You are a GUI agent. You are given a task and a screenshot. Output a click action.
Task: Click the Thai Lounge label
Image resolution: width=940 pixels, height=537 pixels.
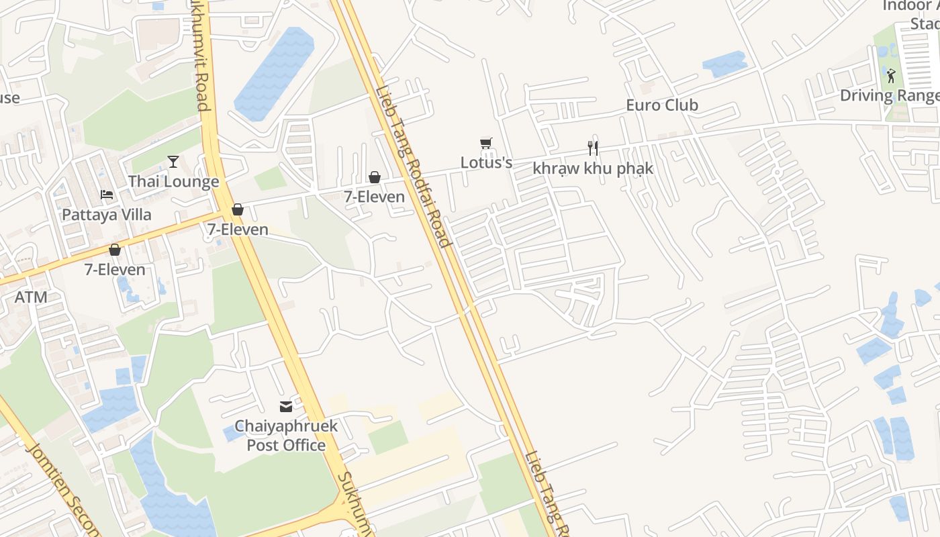pyautogui.click(x=173, y=181)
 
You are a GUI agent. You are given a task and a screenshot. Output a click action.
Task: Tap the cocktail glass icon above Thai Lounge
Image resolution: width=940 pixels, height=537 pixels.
pyautogui.click(x=173, y=161)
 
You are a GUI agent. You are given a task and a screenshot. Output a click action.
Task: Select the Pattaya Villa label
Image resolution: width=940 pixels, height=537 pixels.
pyautogui.click(x=107, y=215)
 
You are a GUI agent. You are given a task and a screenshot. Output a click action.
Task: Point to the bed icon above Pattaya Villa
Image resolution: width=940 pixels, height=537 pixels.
pyautogui.click(x=107, y=195)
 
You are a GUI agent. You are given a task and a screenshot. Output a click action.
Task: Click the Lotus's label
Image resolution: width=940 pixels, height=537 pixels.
pyautogui.click(x=486, y=162)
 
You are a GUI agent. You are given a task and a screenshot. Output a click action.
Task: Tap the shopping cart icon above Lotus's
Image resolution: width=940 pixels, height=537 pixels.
pyautogui.click(x=486, y=143)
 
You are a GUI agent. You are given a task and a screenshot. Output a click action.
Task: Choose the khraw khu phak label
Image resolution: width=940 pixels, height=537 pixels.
pyautogui.click(x=593, y=168)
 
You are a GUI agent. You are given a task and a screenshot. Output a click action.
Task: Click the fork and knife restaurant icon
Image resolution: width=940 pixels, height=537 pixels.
pyautogui.click(x=593, y=148)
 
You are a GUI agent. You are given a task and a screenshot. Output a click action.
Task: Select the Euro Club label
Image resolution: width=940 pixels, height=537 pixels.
pyautogui.click(x=662, y=105)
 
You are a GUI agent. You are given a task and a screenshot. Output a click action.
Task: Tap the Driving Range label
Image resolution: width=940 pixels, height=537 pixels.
pyautogui.click(x=890, y=95)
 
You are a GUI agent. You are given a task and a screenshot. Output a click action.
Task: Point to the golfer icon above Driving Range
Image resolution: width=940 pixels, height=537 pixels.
pyautogui.click(x=891, y=75)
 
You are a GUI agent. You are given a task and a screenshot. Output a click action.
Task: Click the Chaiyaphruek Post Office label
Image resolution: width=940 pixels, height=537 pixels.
pyautogui.click(x=286, y=436)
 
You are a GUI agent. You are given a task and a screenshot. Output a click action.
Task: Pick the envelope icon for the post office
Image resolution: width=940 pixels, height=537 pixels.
pyautogui.click(x=286, y=406)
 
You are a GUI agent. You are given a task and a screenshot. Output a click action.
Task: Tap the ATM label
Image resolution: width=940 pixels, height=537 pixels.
pyautogui.click(x=31, y=297)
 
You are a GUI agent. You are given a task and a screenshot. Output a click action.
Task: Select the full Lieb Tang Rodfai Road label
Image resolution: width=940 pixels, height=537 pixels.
pyautogui.click(x=412, y=166)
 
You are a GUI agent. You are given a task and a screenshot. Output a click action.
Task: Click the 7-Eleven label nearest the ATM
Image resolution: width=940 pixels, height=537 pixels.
pyautogui.click(x=115, y=269)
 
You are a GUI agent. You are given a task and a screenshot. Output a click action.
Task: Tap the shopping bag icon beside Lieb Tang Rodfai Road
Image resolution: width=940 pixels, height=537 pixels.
pyautogui.click(x=375, y=177)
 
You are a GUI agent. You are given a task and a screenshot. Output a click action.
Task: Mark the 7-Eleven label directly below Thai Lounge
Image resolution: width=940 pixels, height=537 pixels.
pyautogui.click(x=238, y=230)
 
